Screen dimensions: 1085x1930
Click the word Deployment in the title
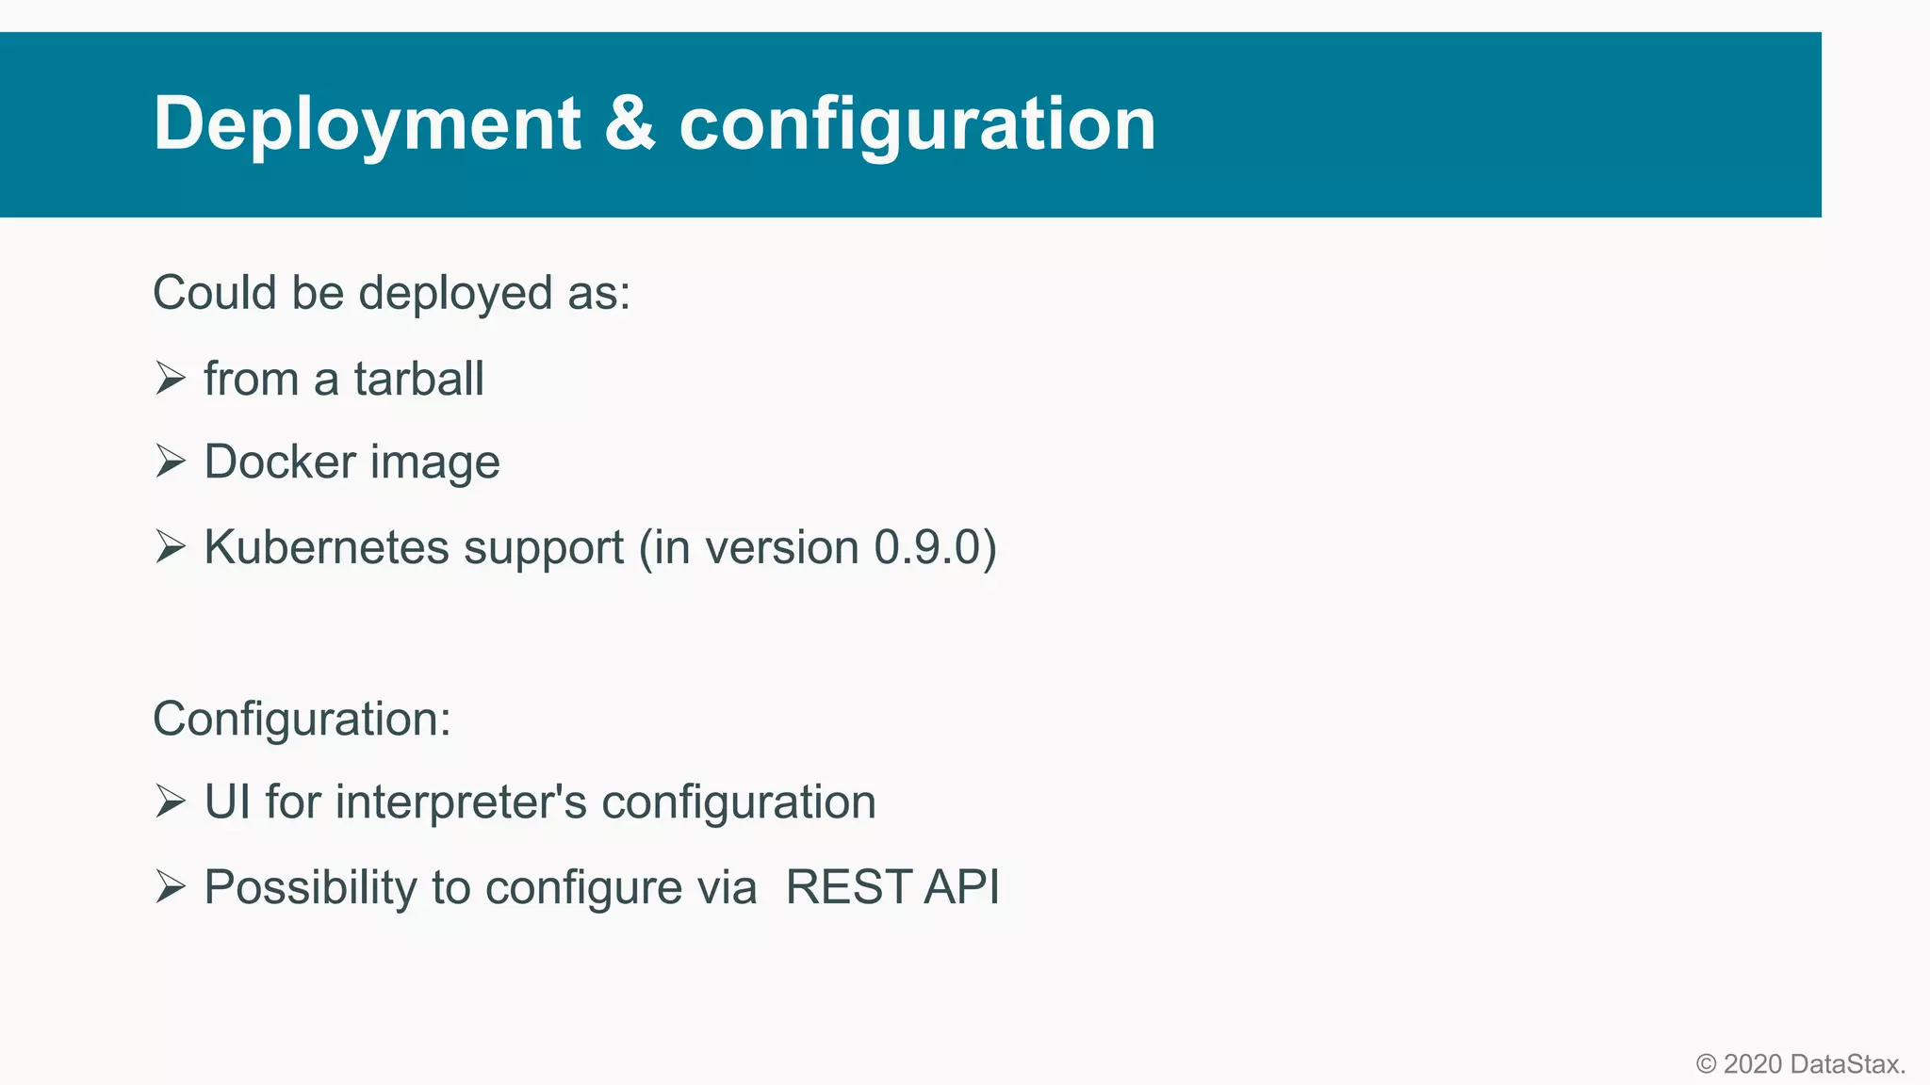click(367, 124)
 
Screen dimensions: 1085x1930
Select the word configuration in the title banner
click(917, 124)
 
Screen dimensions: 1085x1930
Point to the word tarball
click(418, 380)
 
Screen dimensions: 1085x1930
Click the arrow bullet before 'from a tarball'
click(171, 379)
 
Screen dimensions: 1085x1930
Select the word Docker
click(280, 462)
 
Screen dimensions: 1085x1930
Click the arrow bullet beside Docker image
click(171, 462)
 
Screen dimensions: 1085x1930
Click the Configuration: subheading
click(302, 720)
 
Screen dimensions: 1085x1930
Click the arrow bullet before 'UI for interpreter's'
click(171, 802)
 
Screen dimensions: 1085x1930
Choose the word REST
click(847, 887)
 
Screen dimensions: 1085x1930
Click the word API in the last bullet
click(961, 887)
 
